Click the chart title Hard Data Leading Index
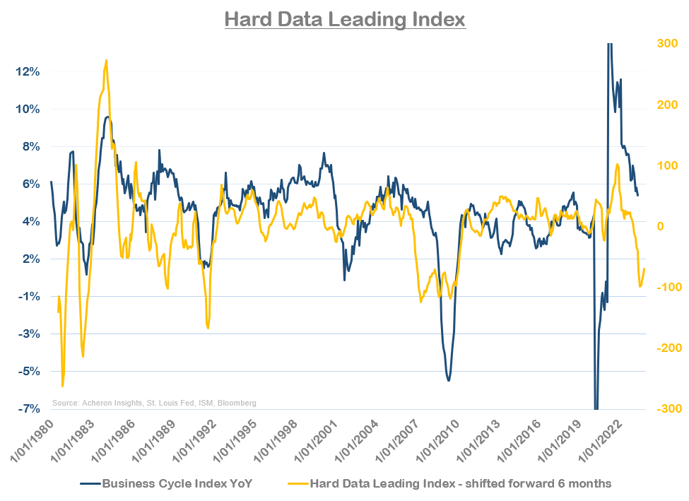tap(345, 18)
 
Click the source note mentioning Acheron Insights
tap(154, 403)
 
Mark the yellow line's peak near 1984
tap(106, 61)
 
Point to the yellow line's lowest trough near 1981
tap(62, 386)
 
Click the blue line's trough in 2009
tap(448, 380)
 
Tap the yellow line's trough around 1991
tap(208, 327)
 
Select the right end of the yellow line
tap(644, 269)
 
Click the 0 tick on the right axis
tap(661, 226)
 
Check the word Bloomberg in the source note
tap(237, 403)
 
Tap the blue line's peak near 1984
tap(107, 117)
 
